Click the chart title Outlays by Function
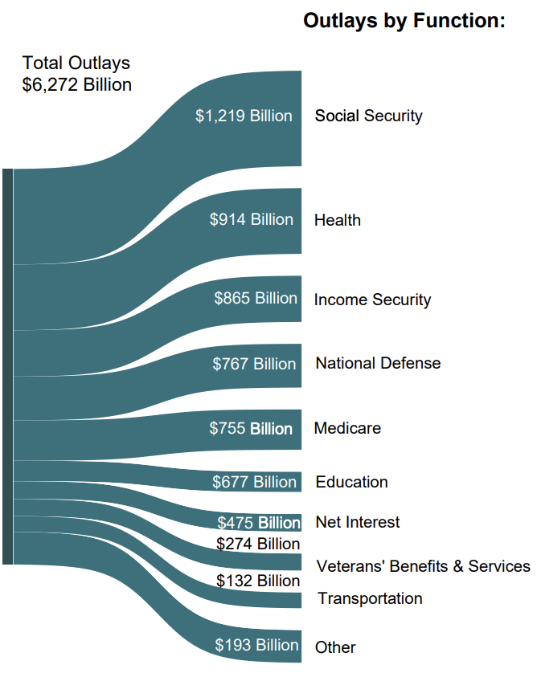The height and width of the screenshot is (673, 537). click(404, 22)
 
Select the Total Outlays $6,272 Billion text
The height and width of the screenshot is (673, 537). click(77, 74)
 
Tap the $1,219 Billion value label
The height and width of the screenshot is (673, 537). click(244, 116)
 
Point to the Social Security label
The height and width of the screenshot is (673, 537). click(368, 116)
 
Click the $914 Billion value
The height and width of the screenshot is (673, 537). click(251, 219)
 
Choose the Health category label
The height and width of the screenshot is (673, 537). click(338, 220)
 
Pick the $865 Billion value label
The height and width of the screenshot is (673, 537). click(255, 298)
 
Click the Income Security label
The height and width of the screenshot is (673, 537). click(372, 300)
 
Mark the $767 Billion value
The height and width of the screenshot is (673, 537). click(254, 364)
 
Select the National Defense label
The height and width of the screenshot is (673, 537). click(378, 363)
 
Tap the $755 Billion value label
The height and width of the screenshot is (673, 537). click(251, 428)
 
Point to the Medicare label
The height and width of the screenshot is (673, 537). click(347, 428)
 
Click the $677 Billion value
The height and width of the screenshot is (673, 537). click(254, 482)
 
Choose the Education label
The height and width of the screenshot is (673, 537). click(351, 482)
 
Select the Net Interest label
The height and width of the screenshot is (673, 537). click(358, 522)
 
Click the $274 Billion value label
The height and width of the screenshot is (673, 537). click(258, 544)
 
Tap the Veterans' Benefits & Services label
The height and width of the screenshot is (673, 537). click(424, 566)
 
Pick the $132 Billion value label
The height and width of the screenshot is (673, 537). click(258, 581)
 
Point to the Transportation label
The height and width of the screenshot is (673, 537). click(370, 598)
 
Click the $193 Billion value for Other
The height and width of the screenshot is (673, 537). click(256, 645)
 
